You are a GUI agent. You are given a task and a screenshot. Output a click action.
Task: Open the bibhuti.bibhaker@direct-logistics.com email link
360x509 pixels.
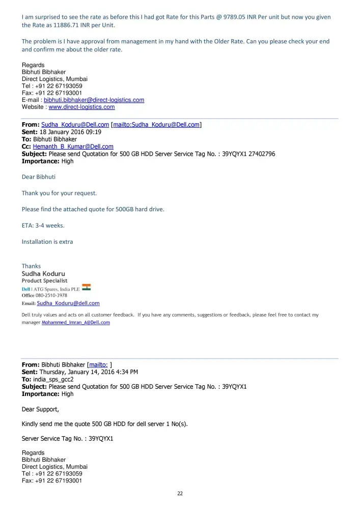[94, 100]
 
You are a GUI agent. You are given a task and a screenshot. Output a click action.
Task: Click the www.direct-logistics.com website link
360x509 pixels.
[81, 107]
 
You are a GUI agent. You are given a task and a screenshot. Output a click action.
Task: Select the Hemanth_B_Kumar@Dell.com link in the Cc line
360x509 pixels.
[73, 147]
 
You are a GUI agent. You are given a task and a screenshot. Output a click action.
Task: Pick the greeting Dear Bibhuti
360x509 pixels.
[39, 177]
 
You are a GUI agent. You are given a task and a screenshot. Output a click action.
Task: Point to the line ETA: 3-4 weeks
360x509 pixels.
[43, 225]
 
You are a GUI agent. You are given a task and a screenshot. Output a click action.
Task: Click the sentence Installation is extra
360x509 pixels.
[47, 242]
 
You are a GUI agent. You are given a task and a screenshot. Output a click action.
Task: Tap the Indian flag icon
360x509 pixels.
[86, 288]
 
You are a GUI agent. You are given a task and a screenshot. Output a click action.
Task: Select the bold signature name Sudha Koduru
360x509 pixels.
[43, 273]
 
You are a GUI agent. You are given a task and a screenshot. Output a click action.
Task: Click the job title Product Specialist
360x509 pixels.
[44, 280]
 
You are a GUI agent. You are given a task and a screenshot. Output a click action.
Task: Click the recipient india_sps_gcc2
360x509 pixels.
[53, 379]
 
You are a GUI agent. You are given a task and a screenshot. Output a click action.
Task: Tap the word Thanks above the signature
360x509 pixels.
[31, 266]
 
